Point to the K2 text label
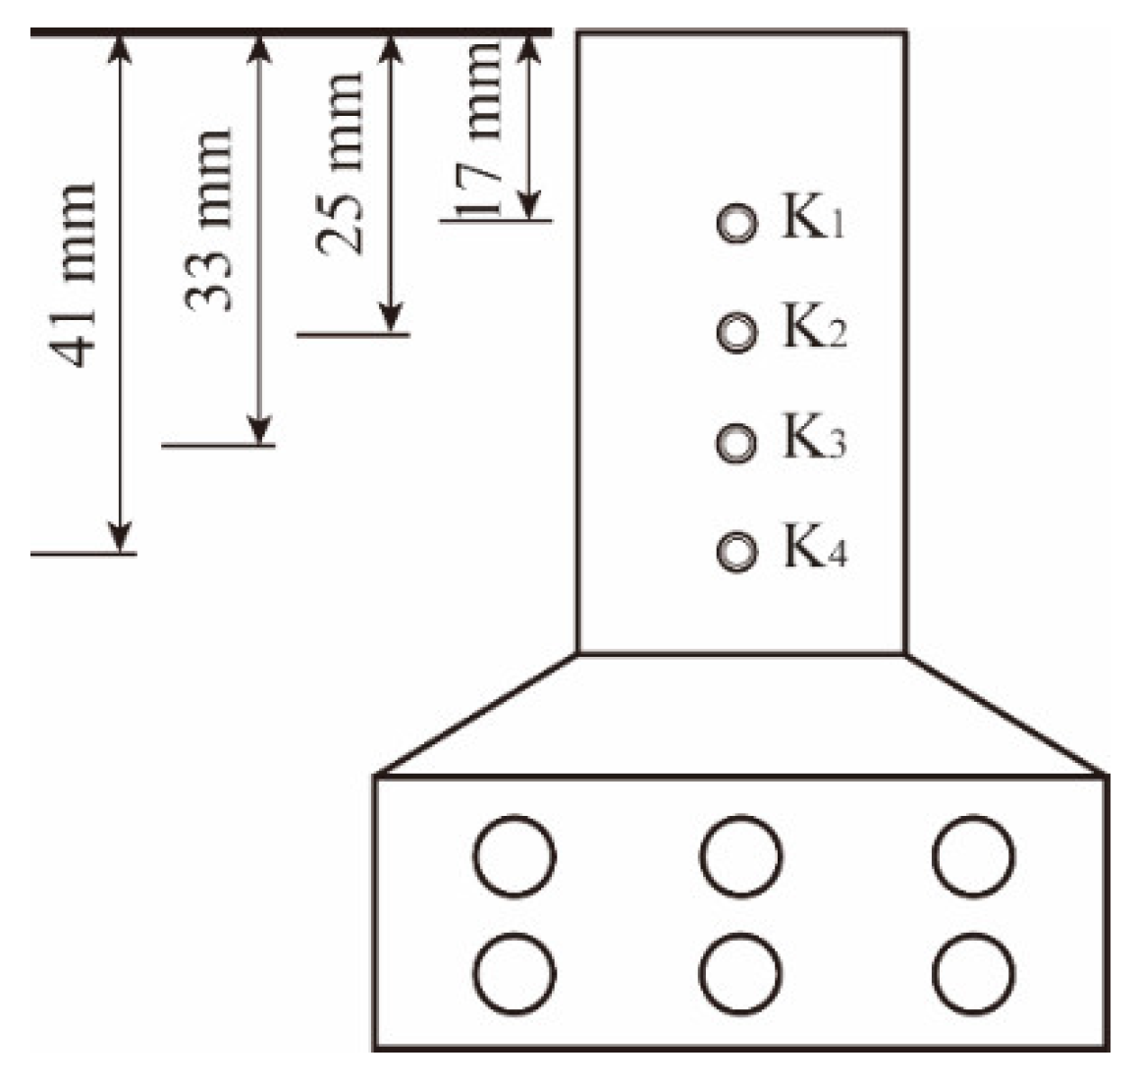(x=814, y=326)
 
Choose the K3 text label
(x=814, y=436)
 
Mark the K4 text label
(x=814, y=545)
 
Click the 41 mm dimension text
(x=73, y=275)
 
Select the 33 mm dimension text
(x=208, y=220)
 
